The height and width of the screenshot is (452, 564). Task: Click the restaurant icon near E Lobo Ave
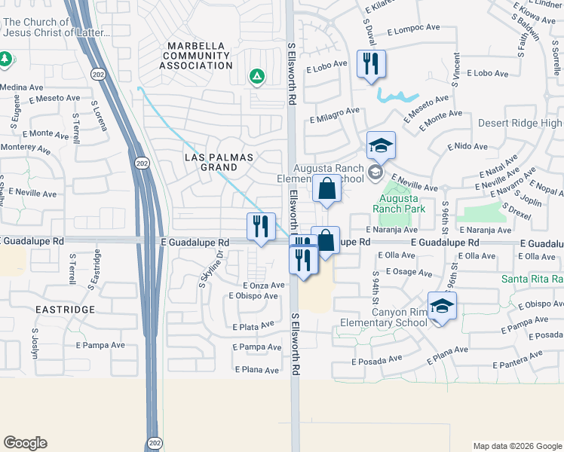370,63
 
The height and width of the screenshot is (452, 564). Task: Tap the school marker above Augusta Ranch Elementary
382,145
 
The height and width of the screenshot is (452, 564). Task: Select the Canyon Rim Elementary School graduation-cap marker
442,305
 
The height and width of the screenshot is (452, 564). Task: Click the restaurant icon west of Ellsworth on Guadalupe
261,226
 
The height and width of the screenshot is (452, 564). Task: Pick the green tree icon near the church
5,58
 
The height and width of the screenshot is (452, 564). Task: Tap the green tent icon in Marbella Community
257,75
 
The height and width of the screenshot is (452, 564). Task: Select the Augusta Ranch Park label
399,203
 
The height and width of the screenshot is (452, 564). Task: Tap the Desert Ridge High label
520,123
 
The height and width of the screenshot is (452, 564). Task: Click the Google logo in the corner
25,443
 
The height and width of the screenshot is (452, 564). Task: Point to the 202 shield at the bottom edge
154,442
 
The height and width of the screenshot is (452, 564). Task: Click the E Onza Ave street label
263,286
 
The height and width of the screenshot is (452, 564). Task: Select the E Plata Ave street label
253,327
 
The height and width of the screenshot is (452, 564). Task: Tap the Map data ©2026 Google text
517,446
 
